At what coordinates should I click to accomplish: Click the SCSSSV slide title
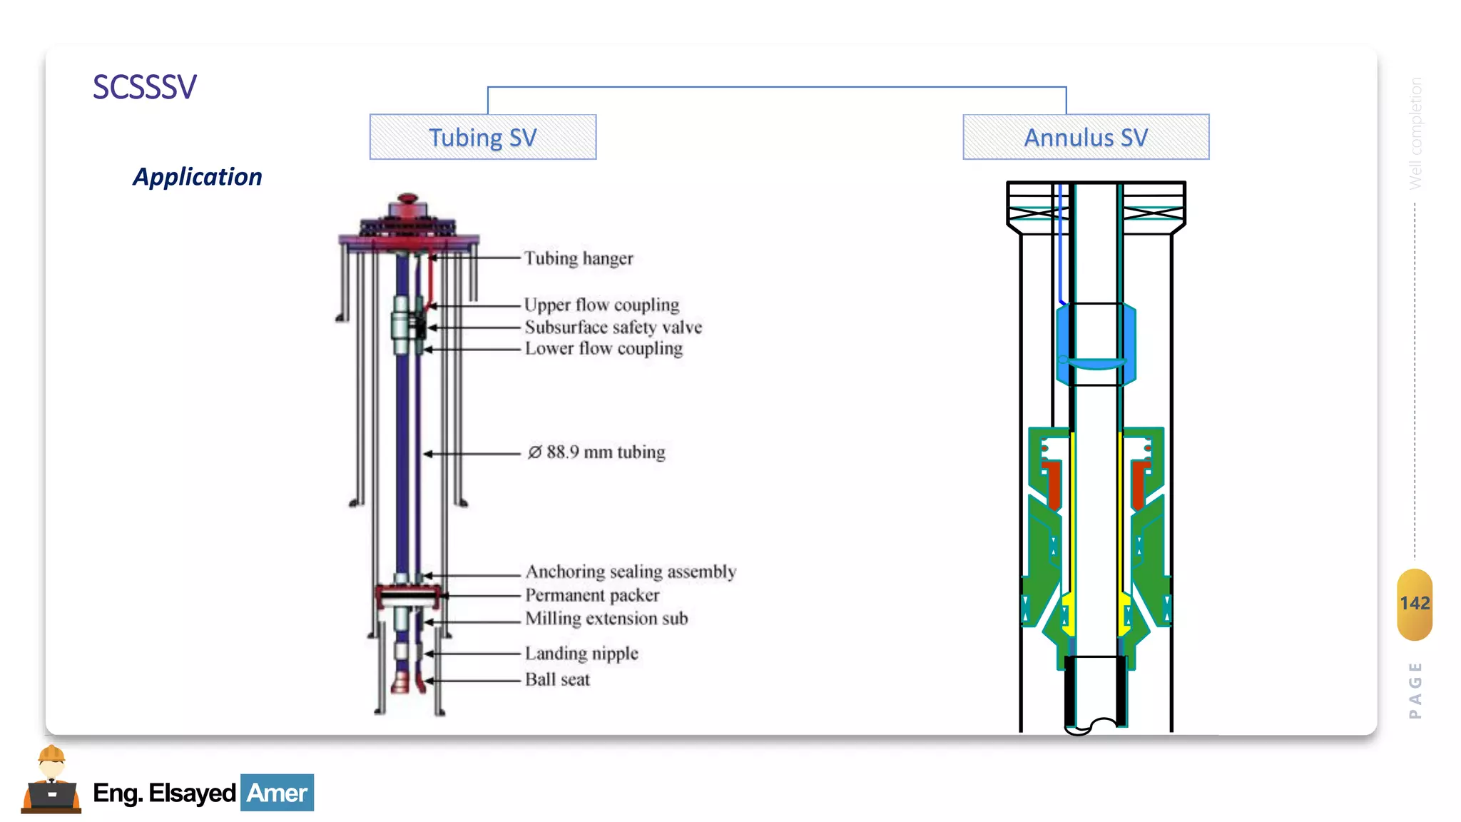(x=145, y=88)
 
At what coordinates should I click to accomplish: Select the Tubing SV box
(x=483, y=137)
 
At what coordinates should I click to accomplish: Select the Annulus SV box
(x=1086, y=137)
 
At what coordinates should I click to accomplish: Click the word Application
(x=198, y=177)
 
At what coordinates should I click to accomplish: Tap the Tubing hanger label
(x=579, y=258)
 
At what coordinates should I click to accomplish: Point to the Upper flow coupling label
(x=601, y=305)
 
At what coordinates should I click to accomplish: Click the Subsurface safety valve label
(x=614, y=327)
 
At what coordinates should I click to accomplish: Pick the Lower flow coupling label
(x=604, y=348)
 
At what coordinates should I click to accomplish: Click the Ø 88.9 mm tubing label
(x=596, y=452)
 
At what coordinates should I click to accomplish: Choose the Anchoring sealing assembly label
(x=631, y=572)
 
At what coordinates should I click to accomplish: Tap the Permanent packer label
(x=592, y=595)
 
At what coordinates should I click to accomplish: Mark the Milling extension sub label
(x=606, y=619)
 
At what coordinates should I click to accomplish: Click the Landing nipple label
(x=581, y=653)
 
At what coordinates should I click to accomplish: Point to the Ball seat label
(x=557, y=679)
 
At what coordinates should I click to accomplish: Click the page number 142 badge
(x=1414, y=604)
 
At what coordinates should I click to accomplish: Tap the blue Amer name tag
(x=277, y=793)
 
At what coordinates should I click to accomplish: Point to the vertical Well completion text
(x=1415, y=133)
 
